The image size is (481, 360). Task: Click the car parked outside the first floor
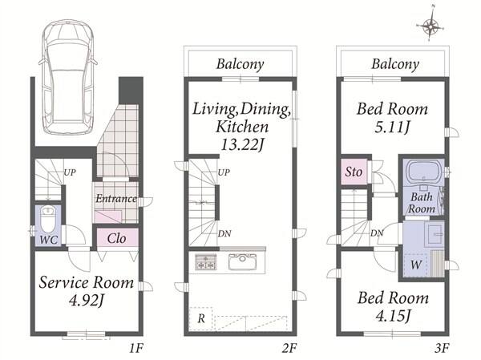(68, 77)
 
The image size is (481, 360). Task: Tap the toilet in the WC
(48, 219)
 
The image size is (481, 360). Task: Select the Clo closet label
(116, 238)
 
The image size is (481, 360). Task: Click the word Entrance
(116, 199)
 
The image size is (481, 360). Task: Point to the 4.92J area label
(87, 301)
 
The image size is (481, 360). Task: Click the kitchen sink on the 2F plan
(242, 262)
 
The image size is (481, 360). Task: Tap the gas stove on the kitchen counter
(205, 262)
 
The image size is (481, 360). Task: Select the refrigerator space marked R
(201, 318)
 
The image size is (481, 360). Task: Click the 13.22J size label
(242, 145)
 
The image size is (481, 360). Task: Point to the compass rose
(430, 26)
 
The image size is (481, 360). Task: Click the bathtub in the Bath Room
(424, 172)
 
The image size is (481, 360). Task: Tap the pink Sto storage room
(354, 172)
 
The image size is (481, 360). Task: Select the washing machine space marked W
(416, 265)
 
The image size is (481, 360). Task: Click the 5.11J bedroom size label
(392, 127)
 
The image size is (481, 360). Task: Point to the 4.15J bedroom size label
(393, 315)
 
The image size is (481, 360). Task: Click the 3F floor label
(442, 348)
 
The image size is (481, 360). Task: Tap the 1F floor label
(136, 348)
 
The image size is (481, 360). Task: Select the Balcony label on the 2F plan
(240, 64)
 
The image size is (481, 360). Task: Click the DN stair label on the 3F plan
(377, 233)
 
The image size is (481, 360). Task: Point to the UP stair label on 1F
(70, 172)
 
